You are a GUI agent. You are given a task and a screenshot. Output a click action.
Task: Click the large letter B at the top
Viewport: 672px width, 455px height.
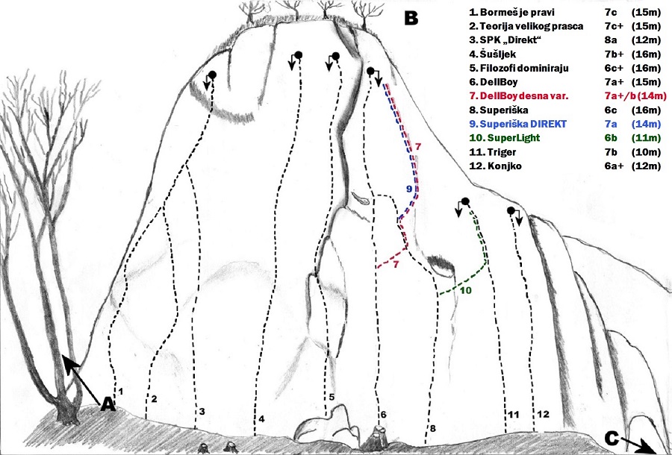[x=411, y=18]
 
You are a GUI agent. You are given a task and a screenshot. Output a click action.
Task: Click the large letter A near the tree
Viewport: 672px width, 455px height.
[x=108, y=404]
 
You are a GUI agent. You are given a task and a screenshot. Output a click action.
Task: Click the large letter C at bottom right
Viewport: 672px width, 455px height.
[x=612, y=439]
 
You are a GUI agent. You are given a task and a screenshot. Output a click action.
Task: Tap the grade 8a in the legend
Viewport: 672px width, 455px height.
[x=611, y=40]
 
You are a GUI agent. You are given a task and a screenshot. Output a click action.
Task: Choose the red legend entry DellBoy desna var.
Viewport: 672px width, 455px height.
[x=519, y=96]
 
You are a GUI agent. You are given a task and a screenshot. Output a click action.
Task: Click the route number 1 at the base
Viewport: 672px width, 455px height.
[x=121, y=391]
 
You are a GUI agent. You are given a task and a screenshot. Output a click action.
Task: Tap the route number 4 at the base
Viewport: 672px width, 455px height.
[x=261, y=419]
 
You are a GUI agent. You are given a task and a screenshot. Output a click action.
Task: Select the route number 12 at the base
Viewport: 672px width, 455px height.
[x=543, y=414]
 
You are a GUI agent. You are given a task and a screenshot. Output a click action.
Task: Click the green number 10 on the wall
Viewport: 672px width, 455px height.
[x=466, y=291]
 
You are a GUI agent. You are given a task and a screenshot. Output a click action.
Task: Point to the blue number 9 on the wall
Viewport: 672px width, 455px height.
[x=409, y=188]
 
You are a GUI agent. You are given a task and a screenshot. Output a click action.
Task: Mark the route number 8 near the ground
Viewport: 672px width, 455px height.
[x=432, y=428]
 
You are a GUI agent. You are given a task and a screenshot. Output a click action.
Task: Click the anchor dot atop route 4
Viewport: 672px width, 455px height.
[x=299, y=54]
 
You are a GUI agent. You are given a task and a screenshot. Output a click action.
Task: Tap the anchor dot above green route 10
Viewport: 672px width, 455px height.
[x=465, y=201]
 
